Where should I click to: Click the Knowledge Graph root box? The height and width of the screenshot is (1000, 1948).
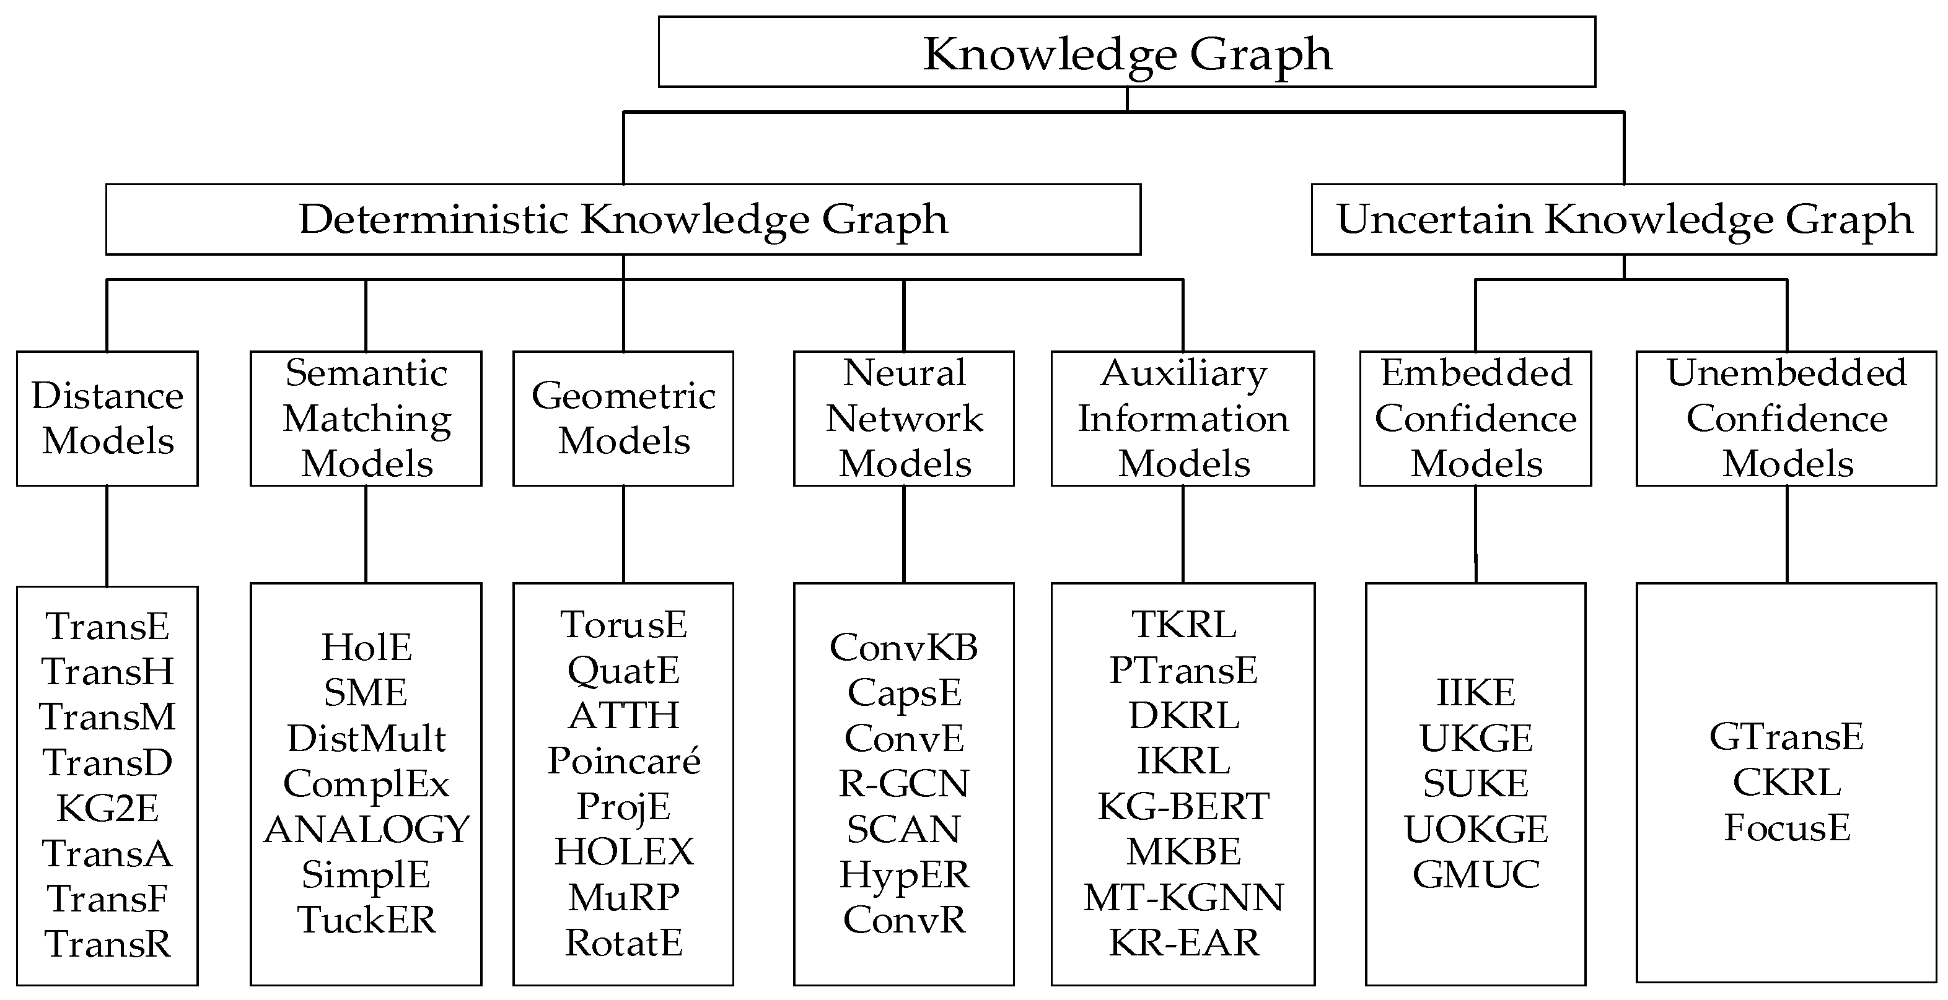click(x=1127, y=52)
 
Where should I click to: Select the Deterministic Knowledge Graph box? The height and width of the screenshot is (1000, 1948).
click(x=623, y=219)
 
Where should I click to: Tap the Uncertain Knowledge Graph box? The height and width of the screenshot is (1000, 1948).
click(x=1623, y=219)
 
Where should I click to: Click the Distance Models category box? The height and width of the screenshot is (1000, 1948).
click(x=107, y=418)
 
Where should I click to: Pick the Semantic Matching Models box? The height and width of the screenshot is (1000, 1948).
click(x=366, y=418)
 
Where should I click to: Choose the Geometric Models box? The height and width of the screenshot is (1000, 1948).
click(x=623, y=418)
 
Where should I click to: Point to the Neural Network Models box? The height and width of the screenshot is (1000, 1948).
click(x=903, y=418)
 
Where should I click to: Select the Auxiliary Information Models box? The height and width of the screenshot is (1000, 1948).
click(x=1183, y=418)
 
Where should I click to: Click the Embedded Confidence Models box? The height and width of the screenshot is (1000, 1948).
click(x=1475, y=418)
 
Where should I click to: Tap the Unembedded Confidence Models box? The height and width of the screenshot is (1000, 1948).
click(x=1786, y=418)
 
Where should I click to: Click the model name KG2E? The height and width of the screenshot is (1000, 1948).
click(x=107, y=808)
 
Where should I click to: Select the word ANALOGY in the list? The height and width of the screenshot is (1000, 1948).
click(x=367, y=829)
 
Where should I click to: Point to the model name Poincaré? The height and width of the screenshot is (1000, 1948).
click(x=624, y=760)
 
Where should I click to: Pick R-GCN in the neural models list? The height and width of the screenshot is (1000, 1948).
click(x=903, y=783)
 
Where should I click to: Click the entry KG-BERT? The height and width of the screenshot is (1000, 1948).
click(x=1183, y=806)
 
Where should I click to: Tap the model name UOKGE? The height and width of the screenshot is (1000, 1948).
click(x=1475, y=829)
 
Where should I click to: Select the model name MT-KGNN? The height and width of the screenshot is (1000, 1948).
click(x=1183, y=897)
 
